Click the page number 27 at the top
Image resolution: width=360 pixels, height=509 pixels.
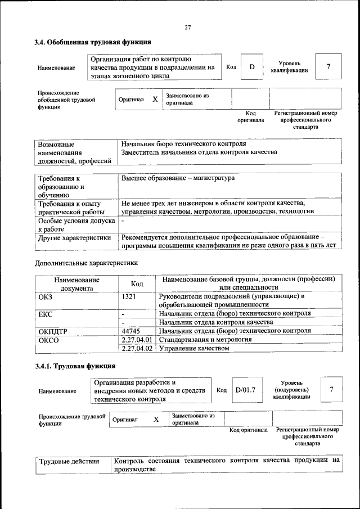188,28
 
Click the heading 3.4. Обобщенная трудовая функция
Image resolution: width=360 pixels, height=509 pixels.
92,42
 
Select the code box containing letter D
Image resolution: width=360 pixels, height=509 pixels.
252,67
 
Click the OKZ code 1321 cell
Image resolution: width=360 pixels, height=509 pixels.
129,296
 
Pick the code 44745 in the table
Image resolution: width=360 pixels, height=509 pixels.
130,331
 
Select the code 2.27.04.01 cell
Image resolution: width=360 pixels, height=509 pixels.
137,340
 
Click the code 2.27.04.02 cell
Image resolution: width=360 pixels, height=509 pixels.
137,349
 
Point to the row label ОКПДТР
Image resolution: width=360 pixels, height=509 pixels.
52,331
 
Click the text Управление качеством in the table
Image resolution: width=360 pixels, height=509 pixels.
194,349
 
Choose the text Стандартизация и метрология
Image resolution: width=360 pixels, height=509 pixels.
205,340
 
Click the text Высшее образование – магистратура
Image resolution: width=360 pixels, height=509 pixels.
178,178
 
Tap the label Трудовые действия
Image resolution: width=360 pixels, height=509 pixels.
69,461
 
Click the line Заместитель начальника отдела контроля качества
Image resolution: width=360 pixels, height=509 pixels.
199,152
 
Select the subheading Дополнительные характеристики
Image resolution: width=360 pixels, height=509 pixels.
86,263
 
